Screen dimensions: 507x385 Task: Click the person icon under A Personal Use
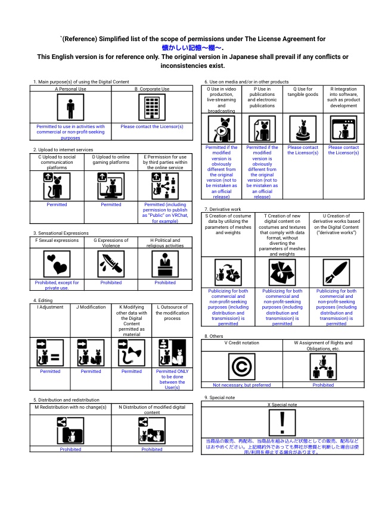(70, 108)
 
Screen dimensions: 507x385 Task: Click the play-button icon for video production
(221, 129)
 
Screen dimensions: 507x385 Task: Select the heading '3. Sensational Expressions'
(61, 233)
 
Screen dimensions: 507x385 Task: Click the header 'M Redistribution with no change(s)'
(70, 407)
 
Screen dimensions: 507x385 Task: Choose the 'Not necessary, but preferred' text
(241, 385)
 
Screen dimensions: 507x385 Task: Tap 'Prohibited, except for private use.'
(57, 285)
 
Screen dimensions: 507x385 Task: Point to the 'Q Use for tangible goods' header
(303, 92)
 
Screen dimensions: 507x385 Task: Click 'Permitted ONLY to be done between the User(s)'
(172, 380)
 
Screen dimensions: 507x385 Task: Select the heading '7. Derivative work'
(223, 209)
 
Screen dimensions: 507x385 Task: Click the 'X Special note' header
(282, 405)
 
